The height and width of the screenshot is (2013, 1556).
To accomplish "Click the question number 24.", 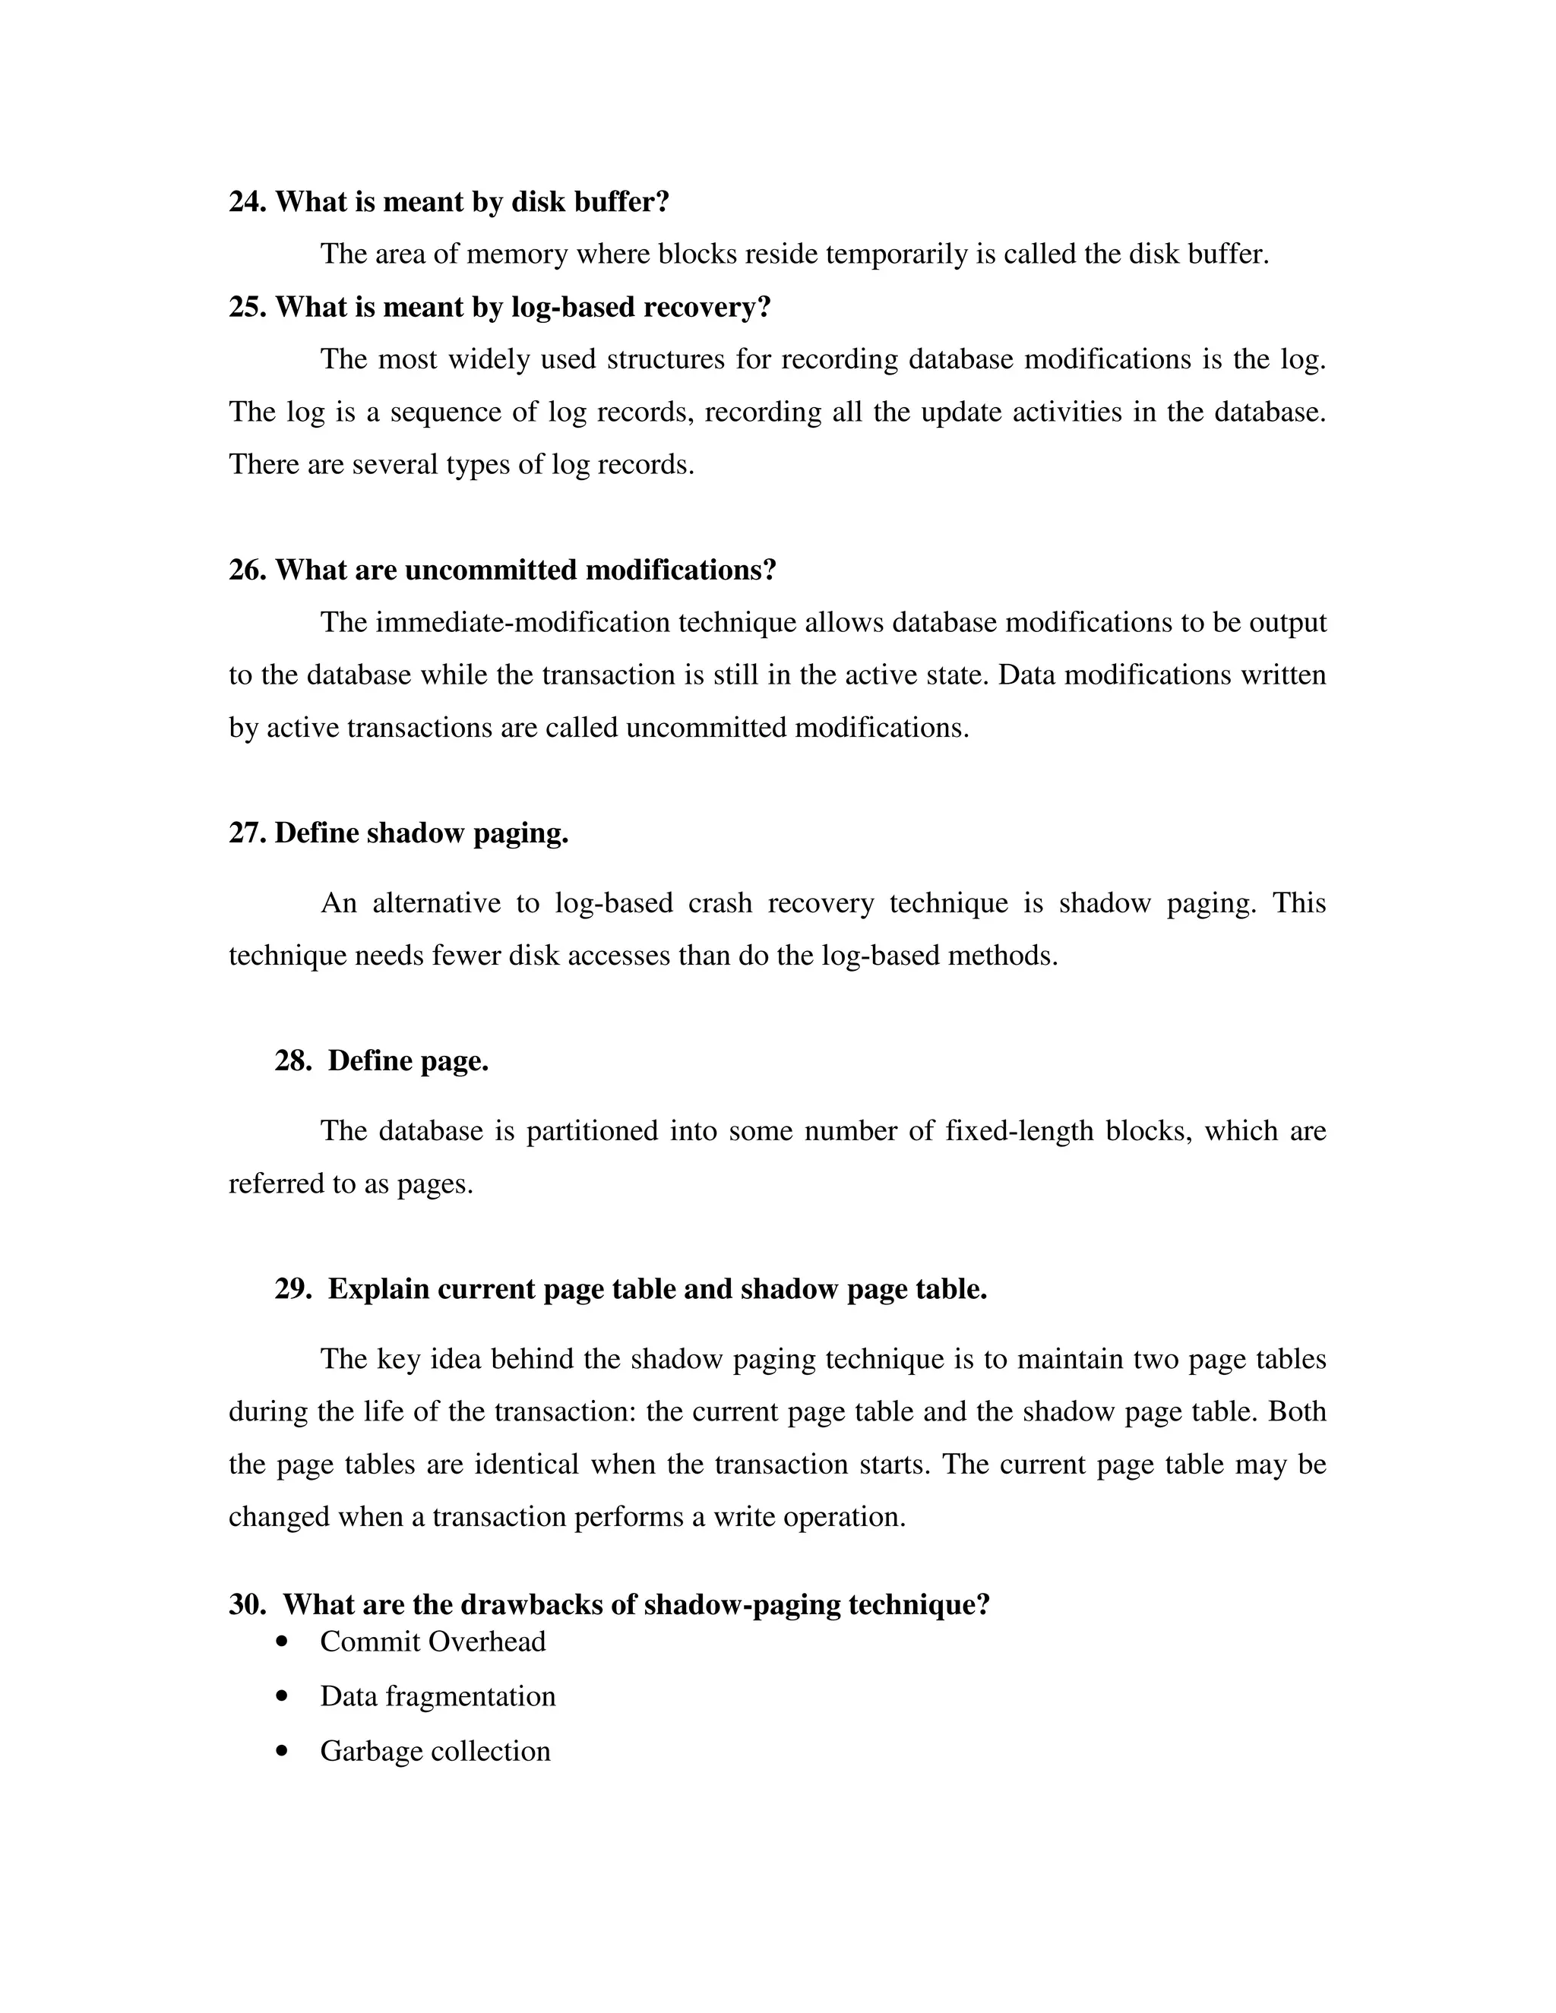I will click(x=247, y=202).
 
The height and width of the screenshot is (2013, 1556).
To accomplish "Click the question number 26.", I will click(x=247, y=570).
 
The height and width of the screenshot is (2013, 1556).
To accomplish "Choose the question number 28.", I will click(x=293, y=1061).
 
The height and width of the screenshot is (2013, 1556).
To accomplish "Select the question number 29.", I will click(x=293, y=1288).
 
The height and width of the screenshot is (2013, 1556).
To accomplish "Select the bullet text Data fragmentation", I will click(x=437, y=1696).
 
